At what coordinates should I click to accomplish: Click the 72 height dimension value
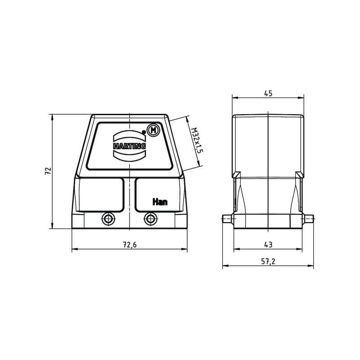pos(48,171)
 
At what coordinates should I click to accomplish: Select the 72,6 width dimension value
pos(130,245)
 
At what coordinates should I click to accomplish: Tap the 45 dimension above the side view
pos(268,94)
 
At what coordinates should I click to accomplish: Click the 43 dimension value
pos(268,245)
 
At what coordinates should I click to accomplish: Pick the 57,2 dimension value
pos(268,261)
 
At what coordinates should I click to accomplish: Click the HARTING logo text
pos(130,146)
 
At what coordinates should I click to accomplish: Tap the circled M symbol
pos(153,130)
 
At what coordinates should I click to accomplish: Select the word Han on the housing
pos(160,202)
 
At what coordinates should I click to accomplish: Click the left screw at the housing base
pos(108,219)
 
